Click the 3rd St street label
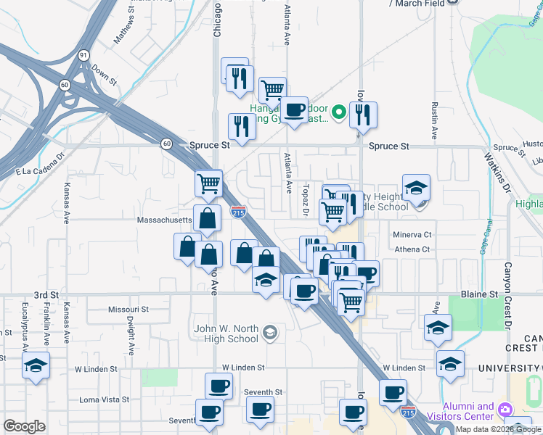(46, 295)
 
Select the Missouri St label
(128, 309)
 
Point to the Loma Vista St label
(104, 399)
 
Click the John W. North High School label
(226, 333)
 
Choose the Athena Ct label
(412, 249)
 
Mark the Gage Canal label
(482, 228)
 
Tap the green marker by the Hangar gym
(338, 113)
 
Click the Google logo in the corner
(24, 426)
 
